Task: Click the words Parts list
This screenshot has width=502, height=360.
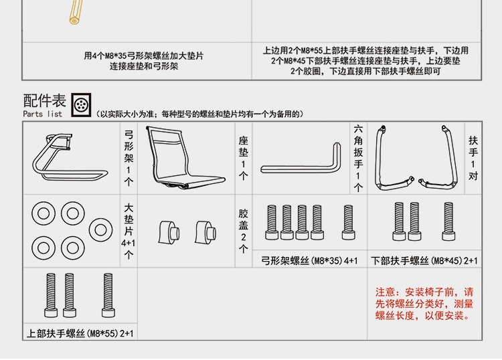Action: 42,114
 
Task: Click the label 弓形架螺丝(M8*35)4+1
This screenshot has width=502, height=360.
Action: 309,261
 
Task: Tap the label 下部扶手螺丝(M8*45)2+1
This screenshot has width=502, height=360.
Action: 424,261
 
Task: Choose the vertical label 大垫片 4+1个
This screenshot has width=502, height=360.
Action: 129,230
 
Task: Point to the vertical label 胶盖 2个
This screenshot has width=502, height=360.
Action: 244,230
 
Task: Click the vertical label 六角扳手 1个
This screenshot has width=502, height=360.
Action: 358,158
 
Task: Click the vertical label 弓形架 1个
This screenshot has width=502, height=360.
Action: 129,158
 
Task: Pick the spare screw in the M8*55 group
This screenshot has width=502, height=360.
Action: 107,294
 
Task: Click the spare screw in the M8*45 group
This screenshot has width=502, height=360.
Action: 448,222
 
